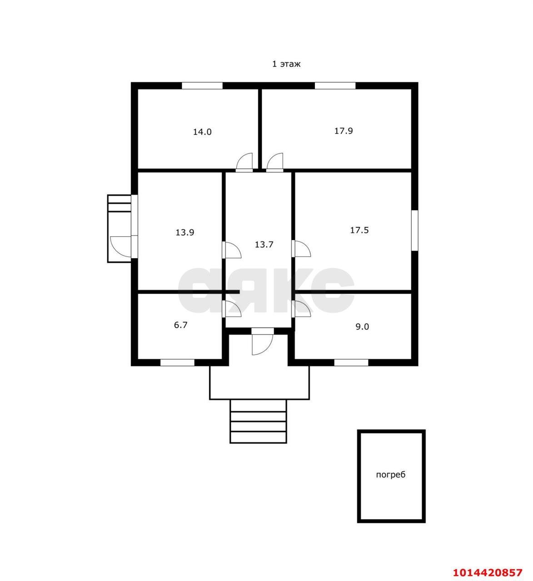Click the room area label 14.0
pos(202,132)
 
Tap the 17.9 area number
pos(344,131)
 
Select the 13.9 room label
pos(185,232)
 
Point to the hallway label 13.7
pos(264,245)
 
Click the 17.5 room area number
pos(359,230)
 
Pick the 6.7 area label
pos(180,325)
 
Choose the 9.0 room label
pos(362,327)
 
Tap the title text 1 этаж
pos(286,64)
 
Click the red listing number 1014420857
pos(488,572)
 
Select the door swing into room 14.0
pos(244,162)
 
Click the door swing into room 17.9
pos(274,162)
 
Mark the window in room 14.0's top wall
pos(202,86)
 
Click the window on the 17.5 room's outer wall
pos(415,230)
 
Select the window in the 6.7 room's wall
pos(177,363)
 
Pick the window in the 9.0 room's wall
pos(351,363)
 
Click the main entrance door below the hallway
pos(263,342)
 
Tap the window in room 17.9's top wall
pos(335,86)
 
